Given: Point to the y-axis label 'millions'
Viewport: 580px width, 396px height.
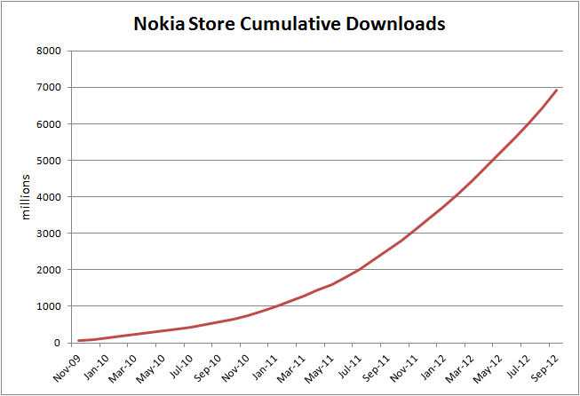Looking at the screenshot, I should pos(27,196).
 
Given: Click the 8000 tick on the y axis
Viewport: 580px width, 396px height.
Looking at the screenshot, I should pos(48,51).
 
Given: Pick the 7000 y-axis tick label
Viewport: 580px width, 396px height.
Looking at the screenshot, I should pos(48,88).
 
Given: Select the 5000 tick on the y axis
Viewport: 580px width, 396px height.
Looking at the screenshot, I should pos(48,161).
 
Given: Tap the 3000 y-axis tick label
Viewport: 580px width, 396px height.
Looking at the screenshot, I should pos(48,234).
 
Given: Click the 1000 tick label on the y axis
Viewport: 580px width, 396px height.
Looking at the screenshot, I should pos(48,306).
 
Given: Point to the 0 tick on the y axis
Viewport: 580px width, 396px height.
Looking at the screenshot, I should pos(57,343).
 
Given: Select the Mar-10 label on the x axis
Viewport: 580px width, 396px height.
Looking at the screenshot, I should pos(124,367).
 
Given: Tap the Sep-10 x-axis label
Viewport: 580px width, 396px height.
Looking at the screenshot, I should pos(210,367).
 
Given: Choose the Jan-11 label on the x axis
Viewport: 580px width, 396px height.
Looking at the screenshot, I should pos(266,367).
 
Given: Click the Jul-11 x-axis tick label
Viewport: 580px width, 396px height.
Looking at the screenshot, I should pos(352,367).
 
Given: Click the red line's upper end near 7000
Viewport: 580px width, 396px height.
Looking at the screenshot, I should pos(556,90).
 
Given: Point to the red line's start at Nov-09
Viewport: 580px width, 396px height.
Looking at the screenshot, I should pos(79,340).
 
